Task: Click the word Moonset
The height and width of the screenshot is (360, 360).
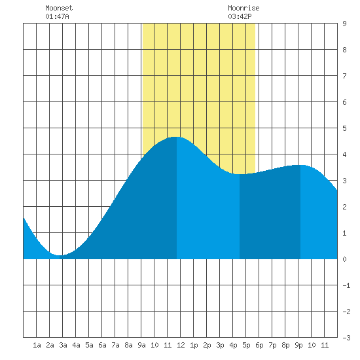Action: point(59,8)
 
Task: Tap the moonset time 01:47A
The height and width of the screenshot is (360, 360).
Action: point(57,16)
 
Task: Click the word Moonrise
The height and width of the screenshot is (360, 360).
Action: point(243,8)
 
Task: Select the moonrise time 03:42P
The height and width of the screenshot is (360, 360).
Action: point(240,16)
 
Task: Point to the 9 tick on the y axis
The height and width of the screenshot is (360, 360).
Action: point(344,24)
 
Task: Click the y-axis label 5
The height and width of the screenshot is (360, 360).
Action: point(344,128)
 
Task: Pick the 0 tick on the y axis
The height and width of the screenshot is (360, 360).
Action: point(344,259)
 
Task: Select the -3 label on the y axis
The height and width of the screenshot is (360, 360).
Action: point(346,338)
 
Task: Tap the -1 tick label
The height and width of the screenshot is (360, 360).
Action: point(346,285)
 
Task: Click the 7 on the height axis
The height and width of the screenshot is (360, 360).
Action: point(344,76)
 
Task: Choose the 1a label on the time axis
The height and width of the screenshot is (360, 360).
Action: point(37,345)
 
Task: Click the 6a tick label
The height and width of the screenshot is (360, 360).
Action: point(102,345)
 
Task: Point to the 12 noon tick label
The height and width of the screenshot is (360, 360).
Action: point(181,345)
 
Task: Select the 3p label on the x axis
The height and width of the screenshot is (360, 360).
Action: point(220,345)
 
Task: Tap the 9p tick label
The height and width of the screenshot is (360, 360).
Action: point(298,345)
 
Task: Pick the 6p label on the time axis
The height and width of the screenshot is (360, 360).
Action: point(259,345)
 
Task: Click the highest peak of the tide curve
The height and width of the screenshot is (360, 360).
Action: point(176,137)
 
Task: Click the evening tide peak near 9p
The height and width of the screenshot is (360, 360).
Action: point(300,165)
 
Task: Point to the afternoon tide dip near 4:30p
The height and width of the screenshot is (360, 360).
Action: point(240,174)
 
